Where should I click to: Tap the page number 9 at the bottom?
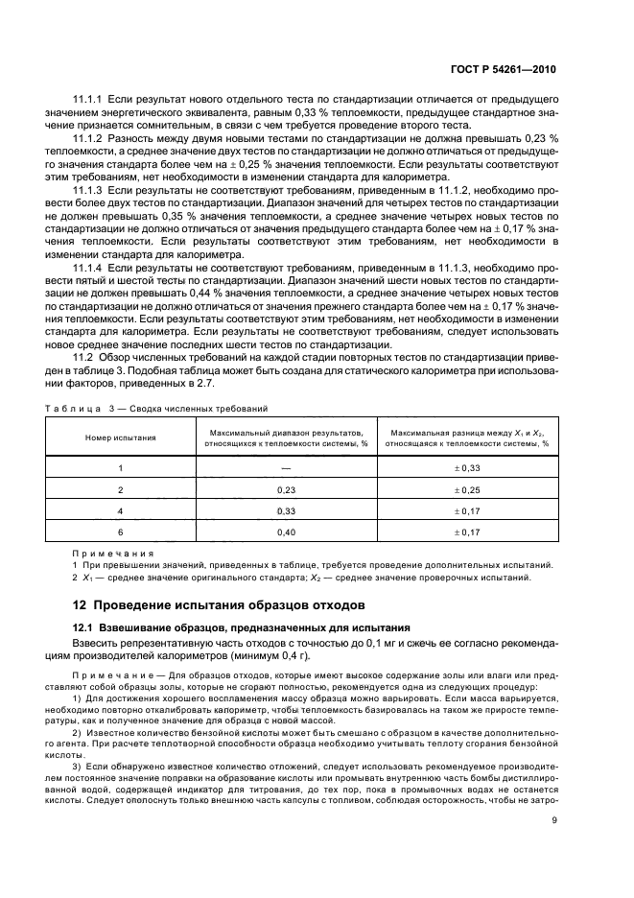554,820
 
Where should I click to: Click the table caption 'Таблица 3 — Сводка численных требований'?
156,409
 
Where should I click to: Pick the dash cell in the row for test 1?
286,467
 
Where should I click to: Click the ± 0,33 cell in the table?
467,467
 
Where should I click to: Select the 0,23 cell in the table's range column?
286,489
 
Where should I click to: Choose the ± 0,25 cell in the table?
467,489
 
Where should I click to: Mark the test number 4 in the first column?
121,511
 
